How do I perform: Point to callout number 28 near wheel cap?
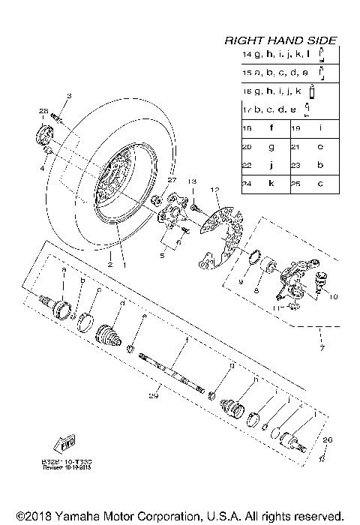(42, 111)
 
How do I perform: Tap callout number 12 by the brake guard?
(214, 190)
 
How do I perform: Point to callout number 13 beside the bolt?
(191, 182)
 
